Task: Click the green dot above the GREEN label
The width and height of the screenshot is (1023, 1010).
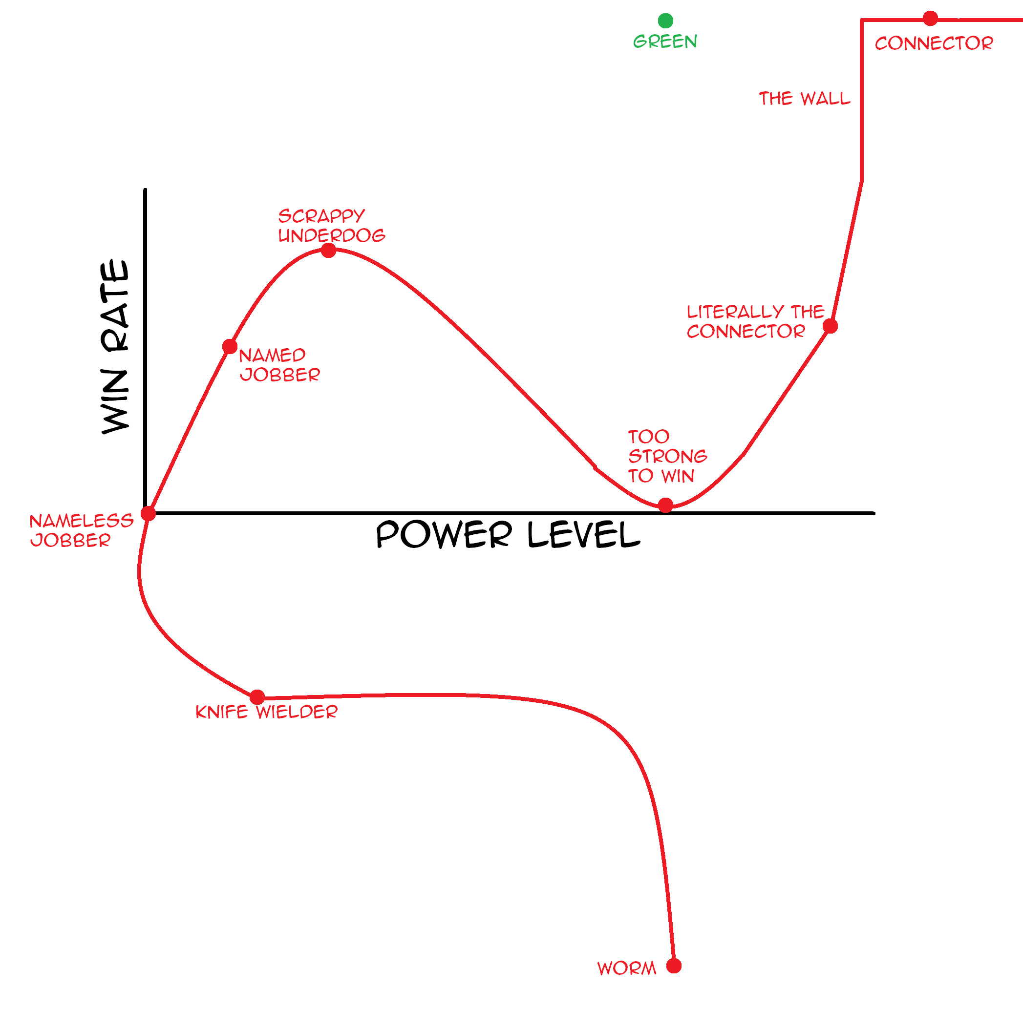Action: coord(665,21)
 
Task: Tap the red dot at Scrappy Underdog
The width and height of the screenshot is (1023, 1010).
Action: coord(328,251)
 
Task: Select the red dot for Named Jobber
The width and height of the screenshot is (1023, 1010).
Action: coord(230,347)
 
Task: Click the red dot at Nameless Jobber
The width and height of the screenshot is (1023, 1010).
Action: coord(148,513)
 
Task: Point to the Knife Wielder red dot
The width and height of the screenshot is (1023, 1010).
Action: coord(257,697)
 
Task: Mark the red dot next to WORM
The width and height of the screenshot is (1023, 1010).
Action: coord(674,966)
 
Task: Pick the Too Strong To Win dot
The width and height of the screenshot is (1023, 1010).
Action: coord(665,505)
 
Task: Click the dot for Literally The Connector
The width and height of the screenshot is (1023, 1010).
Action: coord(830,326)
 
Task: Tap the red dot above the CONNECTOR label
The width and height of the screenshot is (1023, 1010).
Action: coord(930,19)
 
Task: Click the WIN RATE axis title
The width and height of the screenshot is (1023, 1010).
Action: coord(115,347)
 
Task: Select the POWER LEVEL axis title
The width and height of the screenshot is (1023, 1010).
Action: coord(508,534)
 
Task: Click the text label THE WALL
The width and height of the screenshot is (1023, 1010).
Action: coord(804,99)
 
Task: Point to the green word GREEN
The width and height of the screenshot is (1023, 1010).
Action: coord(665,42)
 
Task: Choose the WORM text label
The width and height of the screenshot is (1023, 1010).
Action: coord(627,968)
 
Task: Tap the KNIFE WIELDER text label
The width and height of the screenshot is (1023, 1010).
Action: coord(266,712)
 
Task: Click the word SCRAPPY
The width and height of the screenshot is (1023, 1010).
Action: coord(321,216)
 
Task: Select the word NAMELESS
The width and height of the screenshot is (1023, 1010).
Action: coord(82,521)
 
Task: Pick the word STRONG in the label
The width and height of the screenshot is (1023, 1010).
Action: coord(668,456)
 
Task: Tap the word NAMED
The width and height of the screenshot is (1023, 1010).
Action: coord(272,355)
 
